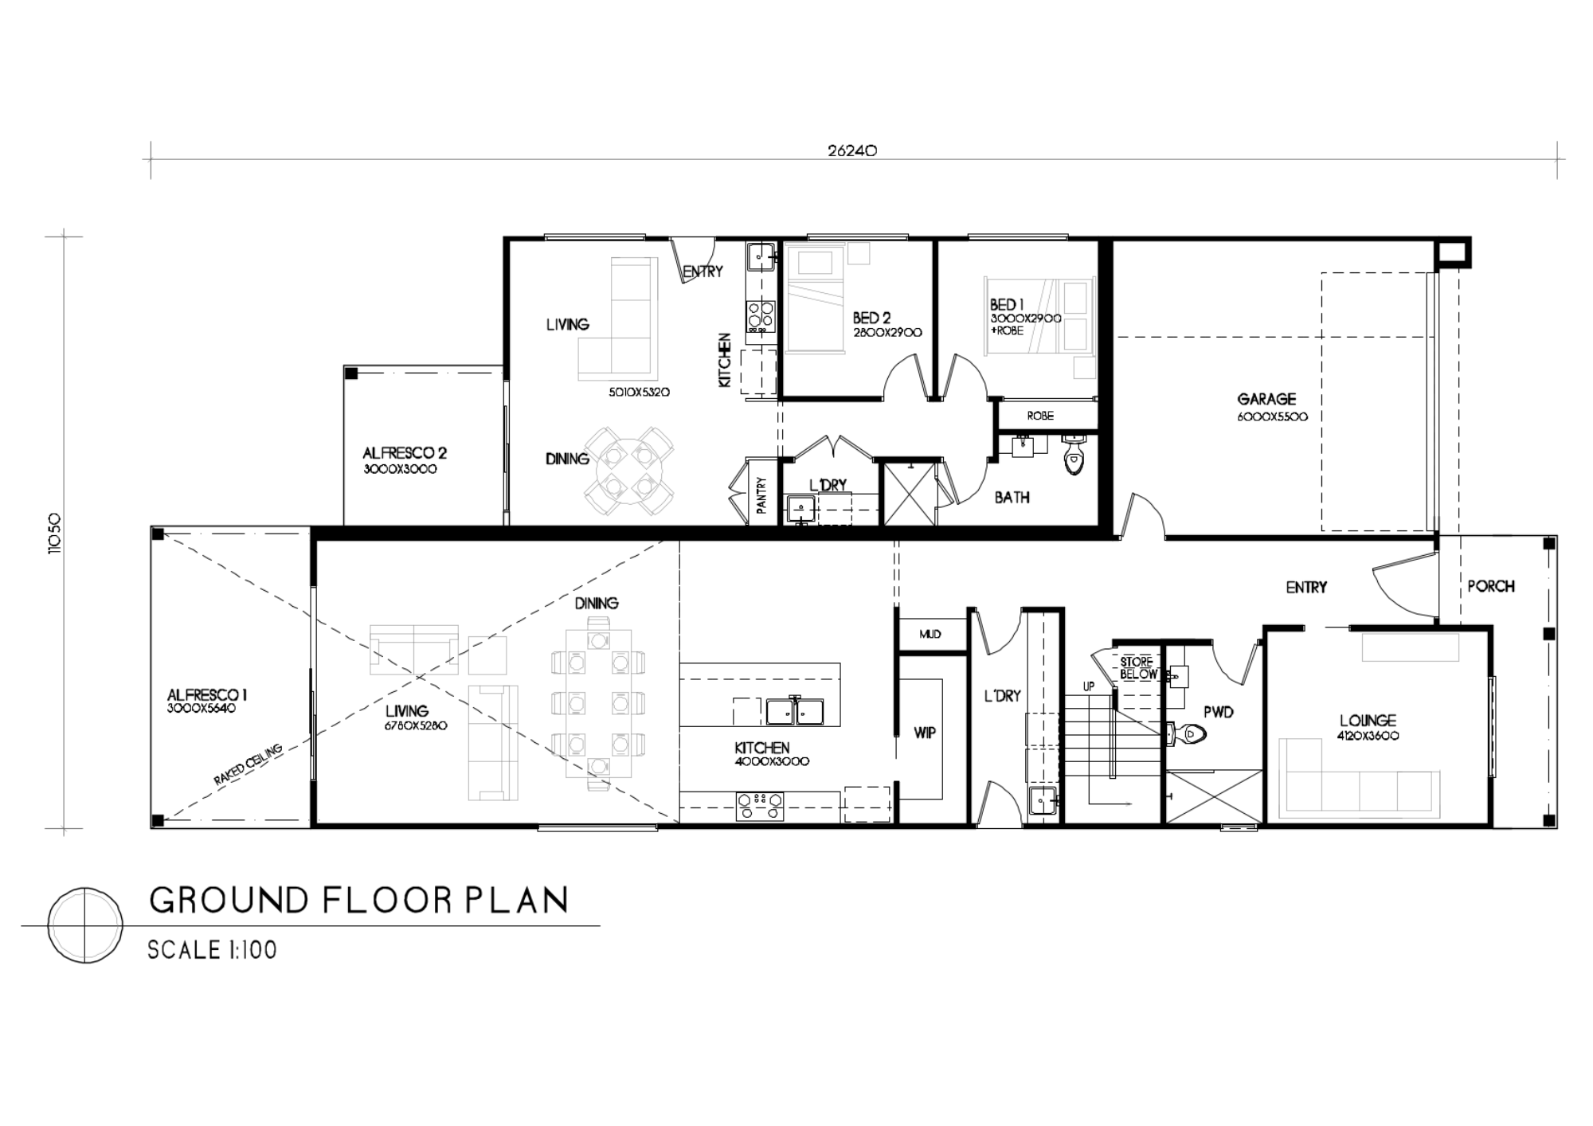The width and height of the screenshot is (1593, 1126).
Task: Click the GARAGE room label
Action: (x=1266, y=399)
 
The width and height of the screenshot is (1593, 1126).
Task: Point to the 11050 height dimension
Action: (x=54, y=533)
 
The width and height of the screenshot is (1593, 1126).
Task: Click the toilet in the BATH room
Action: (x=1074, y=457)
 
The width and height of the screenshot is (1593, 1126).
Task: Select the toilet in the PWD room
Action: (x=1189, y=733)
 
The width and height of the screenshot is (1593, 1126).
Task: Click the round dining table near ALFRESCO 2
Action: (x=629, y=471)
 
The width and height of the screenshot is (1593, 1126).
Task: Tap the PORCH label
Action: (x=1490, y=586)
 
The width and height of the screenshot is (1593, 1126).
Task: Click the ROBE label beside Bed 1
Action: (x=1040, y=416)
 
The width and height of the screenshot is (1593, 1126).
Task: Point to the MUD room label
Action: (x=930, y=634)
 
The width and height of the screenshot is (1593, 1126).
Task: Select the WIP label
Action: (x=924, y=733)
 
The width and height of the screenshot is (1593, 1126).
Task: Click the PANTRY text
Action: (x=761, y=495)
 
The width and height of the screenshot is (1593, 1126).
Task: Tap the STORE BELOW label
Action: (x=1137, y=668)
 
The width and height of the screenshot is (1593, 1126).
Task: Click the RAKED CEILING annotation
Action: (x=248, y=765)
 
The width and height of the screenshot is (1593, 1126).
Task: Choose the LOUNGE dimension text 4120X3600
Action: (x=1368, y=736)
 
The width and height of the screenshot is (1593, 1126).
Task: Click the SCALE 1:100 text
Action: (x=212, y=950)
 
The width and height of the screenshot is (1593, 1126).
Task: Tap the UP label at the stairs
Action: (x=1088, y=686)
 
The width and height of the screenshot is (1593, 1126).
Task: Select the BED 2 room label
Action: (x=871, y=319)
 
